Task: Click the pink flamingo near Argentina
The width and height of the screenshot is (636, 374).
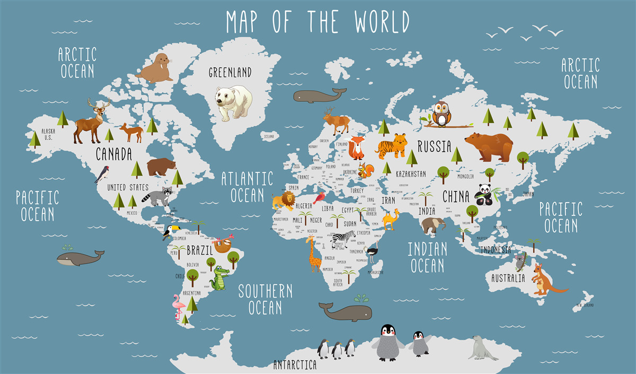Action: pos(177,307)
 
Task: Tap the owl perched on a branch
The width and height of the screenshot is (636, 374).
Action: pos(441,115)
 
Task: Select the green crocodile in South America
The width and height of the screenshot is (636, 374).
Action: pos(219,278)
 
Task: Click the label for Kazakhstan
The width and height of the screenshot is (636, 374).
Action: pos(411,173)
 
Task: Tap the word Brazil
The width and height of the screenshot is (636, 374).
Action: pos(199,249)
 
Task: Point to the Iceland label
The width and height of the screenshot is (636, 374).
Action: pos(269,137)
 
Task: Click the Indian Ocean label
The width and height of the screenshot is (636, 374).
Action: pos(427,257)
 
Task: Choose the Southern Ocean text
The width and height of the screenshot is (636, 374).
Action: pos(265,299)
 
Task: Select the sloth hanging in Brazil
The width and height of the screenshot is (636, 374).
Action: pos(223,244)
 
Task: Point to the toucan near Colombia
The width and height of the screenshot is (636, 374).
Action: pos(170,232)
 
